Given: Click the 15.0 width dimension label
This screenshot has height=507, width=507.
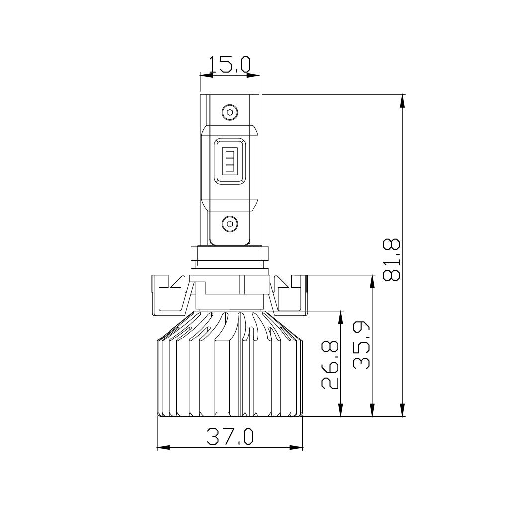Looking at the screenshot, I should click(230, 65).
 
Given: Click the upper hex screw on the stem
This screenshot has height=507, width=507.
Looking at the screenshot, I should click(229, 112).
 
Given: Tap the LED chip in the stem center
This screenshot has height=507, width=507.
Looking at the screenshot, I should click(229, 160).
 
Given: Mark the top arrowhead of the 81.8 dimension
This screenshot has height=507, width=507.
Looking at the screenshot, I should click(403, 100).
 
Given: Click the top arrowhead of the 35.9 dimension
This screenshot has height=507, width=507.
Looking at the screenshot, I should click(372, 281).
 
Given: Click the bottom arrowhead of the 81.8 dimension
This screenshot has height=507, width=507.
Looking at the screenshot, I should click(403, 410).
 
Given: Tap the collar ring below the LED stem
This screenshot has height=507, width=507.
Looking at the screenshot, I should click(229, 253).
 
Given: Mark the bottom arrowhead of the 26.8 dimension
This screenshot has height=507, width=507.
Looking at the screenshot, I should click(341, 410).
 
